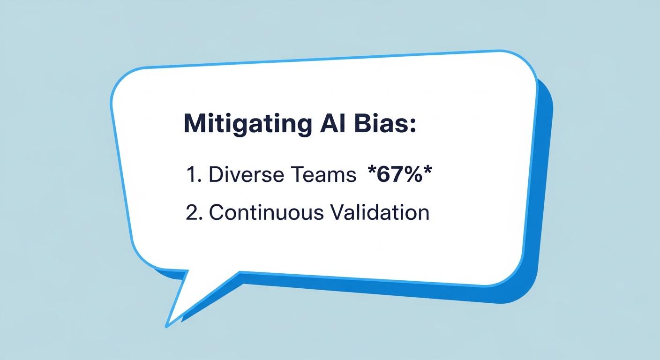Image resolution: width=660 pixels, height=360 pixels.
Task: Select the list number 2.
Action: (x=192, y=212)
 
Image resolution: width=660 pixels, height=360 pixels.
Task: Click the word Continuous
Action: (x=266, y=212)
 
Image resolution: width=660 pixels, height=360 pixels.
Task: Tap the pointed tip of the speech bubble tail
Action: (x=167, y=325)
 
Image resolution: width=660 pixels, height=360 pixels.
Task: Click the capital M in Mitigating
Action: (x=194, y=124)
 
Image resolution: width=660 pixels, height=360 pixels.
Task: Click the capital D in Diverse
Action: (x=215, y=175)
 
